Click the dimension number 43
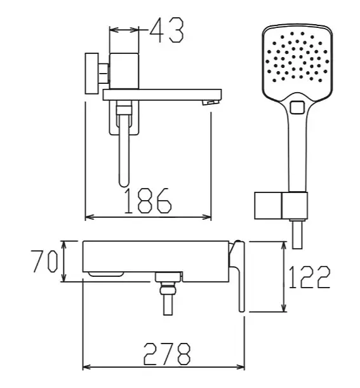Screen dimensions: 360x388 click(167, 30)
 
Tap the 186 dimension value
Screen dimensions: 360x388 click(147, 201)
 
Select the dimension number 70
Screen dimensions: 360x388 click(45, 261)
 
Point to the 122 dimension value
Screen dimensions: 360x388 click(309, 277)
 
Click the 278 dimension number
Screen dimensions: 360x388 click(167, 354)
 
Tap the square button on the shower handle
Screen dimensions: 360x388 click(297, 107)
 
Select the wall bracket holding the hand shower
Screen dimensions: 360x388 click(281, 205)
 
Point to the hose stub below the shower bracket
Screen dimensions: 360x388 click(297, 234)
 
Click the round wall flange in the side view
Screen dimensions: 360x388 click(92, 73)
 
